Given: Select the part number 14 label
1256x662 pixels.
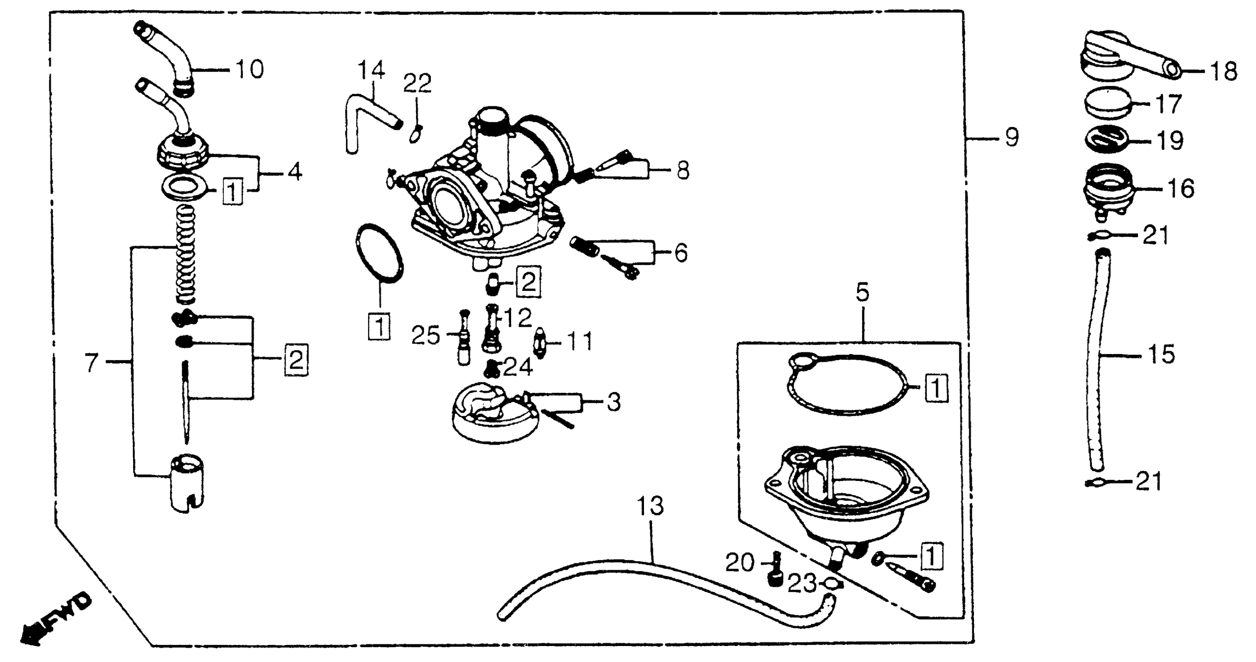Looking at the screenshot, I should pos(372,70).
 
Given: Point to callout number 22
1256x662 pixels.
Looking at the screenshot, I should pos(417,83).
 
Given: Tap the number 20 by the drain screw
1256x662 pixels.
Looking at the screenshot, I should pos(740,563).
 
